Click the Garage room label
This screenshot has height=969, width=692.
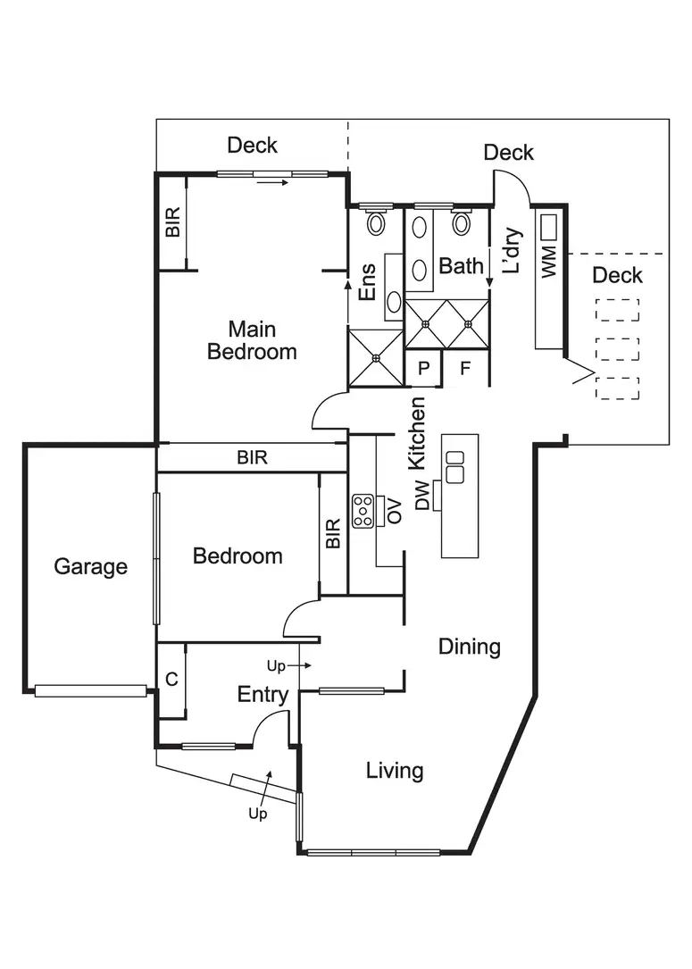90,566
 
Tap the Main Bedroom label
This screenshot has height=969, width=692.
252,340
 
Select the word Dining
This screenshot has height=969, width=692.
469,647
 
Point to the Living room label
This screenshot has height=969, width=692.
394,770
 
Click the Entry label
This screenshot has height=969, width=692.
263,695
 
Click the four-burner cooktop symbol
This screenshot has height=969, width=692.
363,510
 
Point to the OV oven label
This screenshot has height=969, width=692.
395,510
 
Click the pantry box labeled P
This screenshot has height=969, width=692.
423,368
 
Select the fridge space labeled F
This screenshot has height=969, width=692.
465,368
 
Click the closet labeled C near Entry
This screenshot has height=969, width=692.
171,680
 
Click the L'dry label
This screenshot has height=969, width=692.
512,250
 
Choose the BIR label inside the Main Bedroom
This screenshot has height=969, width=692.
172,222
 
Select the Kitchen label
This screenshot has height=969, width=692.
417,433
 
